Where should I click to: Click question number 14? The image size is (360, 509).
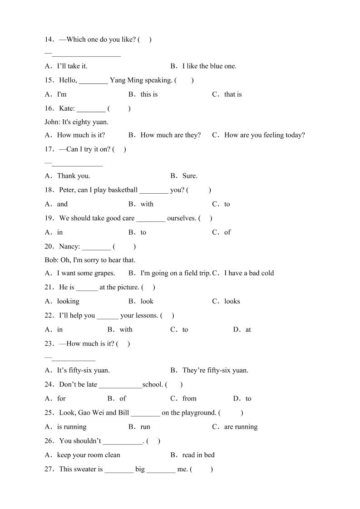tap(49, 39)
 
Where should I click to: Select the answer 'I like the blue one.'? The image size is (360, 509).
tap(209, 66)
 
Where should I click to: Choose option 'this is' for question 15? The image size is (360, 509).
tap(149, 94)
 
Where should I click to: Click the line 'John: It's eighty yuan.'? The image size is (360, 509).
tap(76, 122)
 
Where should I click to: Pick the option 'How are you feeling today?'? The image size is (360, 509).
tap(264, 135)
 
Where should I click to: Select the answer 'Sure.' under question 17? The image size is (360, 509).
tap(189, 176)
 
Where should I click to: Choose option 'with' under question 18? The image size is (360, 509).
tap(147, 204)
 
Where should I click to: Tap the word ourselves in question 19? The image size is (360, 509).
tap(182, 218)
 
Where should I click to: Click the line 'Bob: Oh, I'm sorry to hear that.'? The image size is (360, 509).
tap(90, 260)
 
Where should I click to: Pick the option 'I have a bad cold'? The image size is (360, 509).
tap(249, 273)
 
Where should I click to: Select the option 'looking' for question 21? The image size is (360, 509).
tap(68, 301)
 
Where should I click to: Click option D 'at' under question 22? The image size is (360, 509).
tap(248, 330)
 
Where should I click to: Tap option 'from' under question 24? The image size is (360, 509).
tap(189, 399)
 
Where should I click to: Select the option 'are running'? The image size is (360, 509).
tap(241, 427)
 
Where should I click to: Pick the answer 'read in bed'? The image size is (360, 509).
tap(198, 455)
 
